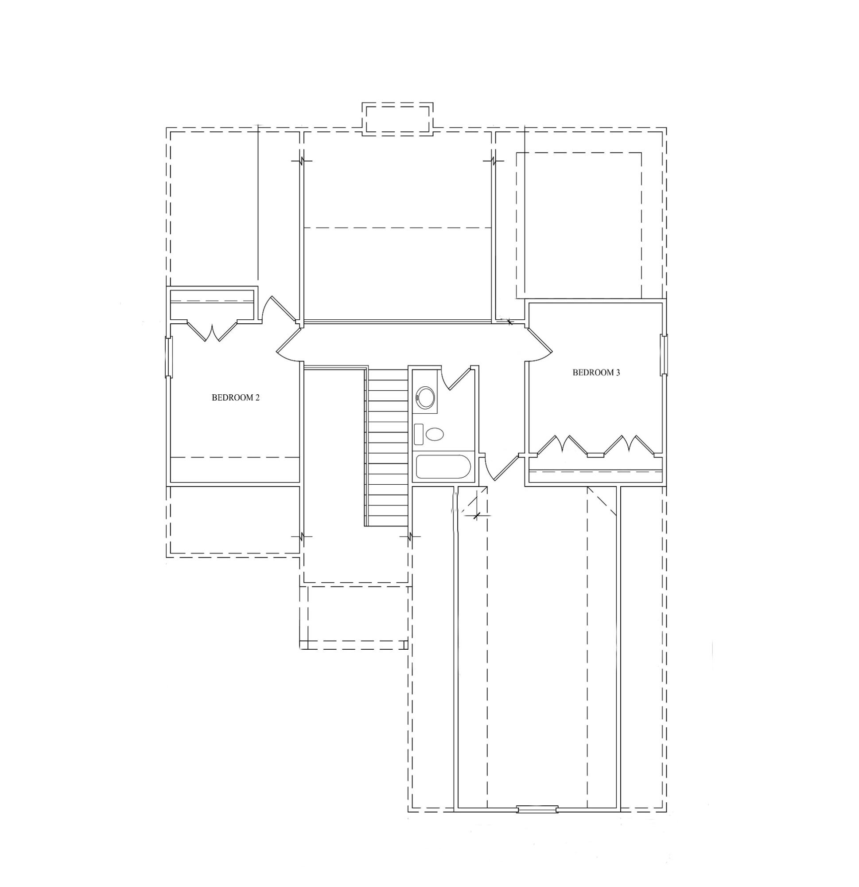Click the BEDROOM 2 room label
tap(236, 398)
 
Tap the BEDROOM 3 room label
tap(596, 373)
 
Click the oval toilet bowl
tap(435, 435)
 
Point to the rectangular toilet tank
tap(419, 434)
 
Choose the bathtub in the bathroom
tap(443, 467)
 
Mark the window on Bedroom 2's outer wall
tap(169, 357)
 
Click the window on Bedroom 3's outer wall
tap(664, 355)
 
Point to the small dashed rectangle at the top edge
tap(397, 118)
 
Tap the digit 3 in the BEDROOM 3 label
tap(618, 373)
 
